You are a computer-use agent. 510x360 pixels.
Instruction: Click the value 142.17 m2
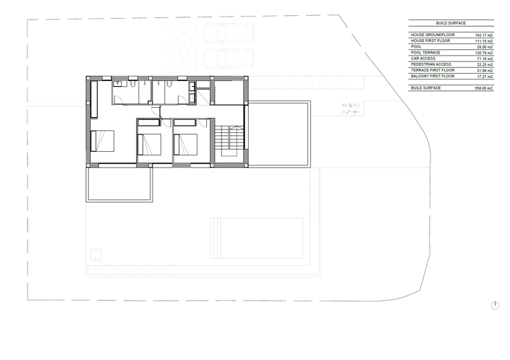[483, 35]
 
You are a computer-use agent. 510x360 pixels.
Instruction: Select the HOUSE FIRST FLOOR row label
[430, 40]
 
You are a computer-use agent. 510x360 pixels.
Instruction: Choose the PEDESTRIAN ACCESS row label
[432, 64]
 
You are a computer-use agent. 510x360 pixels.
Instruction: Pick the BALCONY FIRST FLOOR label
[433, 75]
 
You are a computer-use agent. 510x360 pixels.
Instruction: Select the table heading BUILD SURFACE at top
[451, 24]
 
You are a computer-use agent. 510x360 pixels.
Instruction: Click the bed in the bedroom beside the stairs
[186, 145]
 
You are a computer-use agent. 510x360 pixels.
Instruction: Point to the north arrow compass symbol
[495, 305]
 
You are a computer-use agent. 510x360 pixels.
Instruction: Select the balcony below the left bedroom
[120, 184]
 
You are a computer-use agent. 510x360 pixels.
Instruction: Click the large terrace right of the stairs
[279, 134]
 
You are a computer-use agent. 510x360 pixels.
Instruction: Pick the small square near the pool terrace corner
[94, 254]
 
